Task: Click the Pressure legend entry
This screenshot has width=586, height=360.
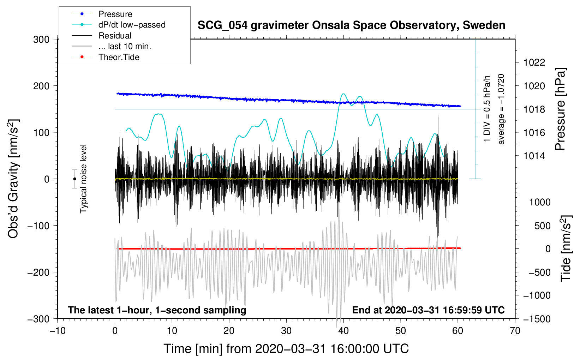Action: pos(102,14)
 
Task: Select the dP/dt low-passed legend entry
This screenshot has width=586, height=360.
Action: pos(119,25)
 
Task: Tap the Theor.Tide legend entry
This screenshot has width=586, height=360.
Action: pos(106,57)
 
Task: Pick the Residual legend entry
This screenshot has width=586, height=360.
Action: pos(102,36)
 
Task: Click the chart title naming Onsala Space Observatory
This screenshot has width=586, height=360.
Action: pos(351,25)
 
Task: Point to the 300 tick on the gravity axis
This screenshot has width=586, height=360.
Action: pos(41,40)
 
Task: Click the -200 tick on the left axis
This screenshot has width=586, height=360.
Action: pos(38,272)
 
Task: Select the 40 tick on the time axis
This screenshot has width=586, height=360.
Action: pos(343,331)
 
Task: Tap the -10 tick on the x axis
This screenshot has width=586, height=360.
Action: pos(58,331)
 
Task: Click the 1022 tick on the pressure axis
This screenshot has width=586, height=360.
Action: pos(534,62)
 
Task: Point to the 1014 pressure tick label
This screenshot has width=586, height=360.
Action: pos(534,156)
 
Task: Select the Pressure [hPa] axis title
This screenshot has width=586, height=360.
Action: pos(561,109)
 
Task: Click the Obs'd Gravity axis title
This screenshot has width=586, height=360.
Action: pos(13,179)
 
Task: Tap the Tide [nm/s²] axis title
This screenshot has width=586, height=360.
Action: pos(566,248)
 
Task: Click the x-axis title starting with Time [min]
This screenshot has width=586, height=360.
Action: pos(286,349)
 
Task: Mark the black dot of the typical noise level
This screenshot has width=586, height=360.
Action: pos(74,179)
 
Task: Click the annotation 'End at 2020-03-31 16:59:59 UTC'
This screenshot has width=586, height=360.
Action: pos(428,310)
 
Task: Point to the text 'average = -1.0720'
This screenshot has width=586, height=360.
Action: pos(501,109)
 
